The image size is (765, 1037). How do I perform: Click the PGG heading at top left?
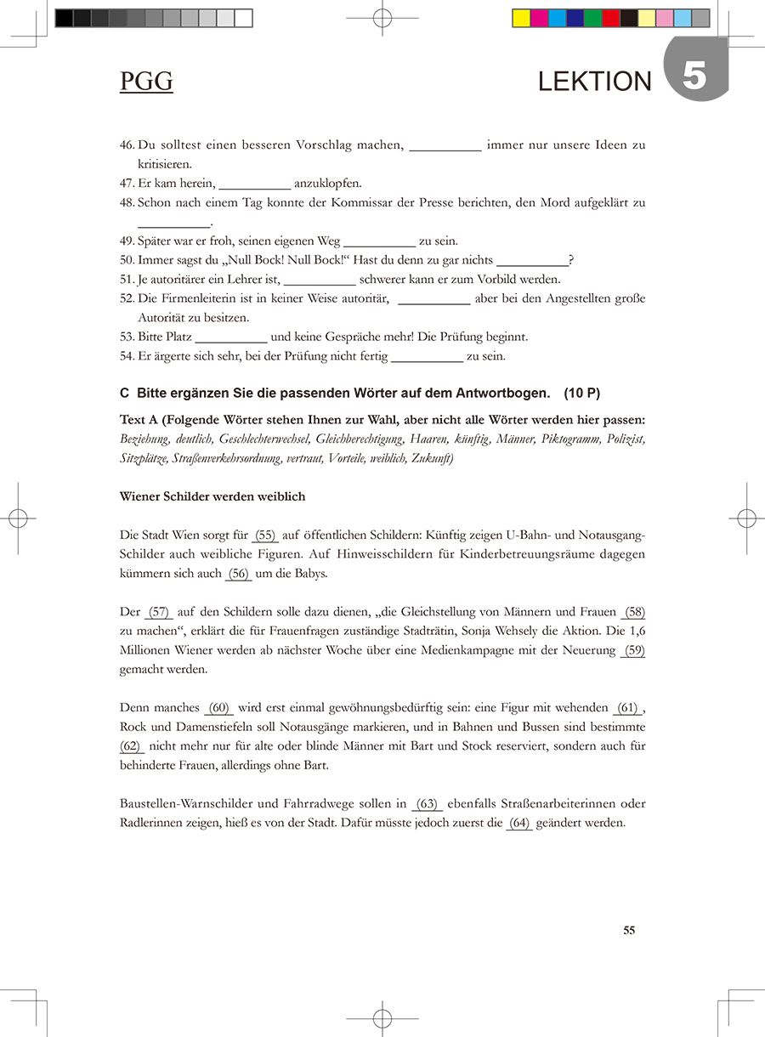(146, 81)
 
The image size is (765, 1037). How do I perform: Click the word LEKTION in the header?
(594, 82)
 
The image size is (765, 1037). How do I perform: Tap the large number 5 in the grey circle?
(694, 76)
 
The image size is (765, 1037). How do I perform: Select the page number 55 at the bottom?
(629, 930)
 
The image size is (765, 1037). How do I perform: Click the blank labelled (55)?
(265, 535)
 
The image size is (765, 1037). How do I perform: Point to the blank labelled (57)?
(159, 612)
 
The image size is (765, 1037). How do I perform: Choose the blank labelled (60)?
(218, 708)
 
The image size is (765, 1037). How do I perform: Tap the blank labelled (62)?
(132, 746)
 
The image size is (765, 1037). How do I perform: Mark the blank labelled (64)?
(518, 823)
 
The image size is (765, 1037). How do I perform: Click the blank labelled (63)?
(427, 804)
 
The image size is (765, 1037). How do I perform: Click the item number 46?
(127, 145)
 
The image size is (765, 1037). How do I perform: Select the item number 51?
(127, 279)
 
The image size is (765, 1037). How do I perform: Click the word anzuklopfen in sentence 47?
(328, 183)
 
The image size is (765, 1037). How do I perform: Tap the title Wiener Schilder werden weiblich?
(212, 496)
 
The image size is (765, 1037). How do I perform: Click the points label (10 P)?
(581, 393)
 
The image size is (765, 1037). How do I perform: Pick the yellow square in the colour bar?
(521, 18)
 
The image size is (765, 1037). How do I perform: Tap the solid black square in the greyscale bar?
(64, 18)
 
